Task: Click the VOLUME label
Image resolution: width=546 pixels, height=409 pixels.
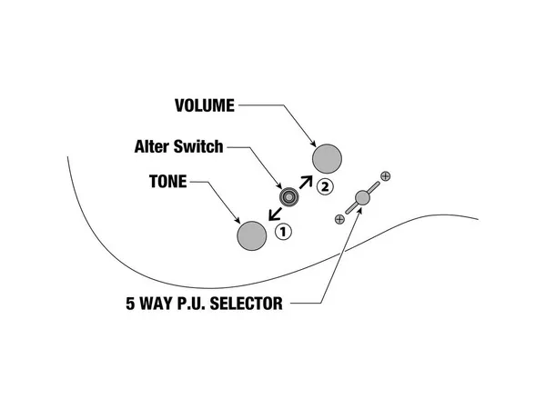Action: pos(204,105)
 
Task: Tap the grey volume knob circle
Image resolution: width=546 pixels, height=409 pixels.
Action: pos(328,159)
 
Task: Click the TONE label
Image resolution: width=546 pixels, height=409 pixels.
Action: pos(167,181)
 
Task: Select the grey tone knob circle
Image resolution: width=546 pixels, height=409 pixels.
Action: pos(252,235)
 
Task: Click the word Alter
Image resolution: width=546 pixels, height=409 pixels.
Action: pos(155,145)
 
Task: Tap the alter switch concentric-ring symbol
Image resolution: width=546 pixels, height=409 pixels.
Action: pos(290,196)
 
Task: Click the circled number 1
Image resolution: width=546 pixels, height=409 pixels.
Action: pos(283,231)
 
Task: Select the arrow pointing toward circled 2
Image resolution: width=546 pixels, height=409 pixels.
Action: pos(307,184)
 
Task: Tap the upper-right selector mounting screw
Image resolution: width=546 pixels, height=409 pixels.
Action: pos(385,175)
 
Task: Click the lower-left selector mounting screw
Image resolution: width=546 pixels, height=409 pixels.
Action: pos(339,218)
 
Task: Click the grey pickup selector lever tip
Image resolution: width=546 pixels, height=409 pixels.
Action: pos(362,196)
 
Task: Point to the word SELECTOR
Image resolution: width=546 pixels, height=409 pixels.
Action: pos(246,304)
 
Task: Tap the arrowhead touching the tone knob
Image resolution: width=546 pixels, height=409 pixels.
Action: pos(237,220)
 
